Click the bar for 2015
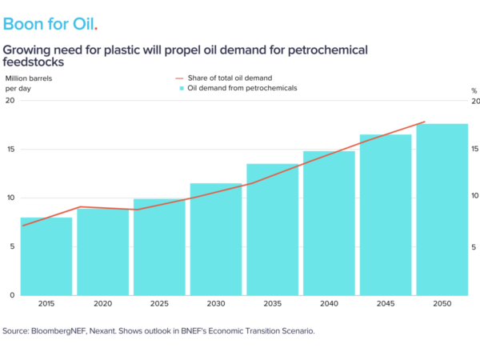[46, 256]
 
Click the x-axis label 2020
[103, 305]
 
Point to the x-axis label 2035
[272, 305]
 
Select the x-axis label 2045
[385, 305]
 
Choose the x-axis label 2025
[159, 305]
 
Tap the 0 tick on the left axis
[11, 295]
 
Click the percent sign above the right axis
[474, 90]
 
